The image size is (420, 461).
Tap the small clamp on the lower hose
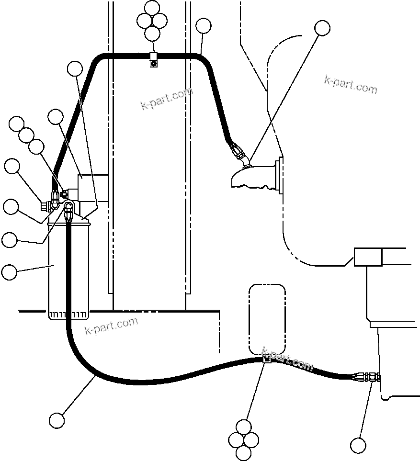pos(267,359)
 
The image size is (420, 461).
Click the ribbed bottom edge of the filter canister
pos(68,315)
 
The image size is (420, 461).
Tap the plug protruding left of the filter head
pos(47,207)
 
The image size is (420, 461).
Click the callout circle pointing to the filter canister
pos(9,272)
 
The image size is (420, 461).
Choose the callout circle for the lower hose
pos(57,420)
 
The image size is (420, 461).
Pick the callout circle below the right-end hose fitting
pos(358,445)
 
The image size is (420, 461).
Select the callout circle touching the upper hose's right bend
pos(204,26)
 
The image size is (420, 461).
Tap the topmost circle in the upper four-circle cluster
pos(152,8)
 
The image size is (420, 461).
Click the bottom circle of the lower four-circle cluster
pos(244,452)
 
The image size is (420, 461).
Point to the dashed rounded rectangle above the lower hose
pos(267,318)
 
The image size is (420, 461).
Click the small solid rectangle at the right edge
pos(368,257)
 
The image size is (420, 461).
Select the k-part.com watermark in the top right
pos(351,85)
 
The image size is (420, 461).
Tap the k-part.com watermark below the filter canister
pos(111,326)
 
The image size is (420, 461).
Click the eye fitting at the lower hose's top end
pos(68,209)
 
